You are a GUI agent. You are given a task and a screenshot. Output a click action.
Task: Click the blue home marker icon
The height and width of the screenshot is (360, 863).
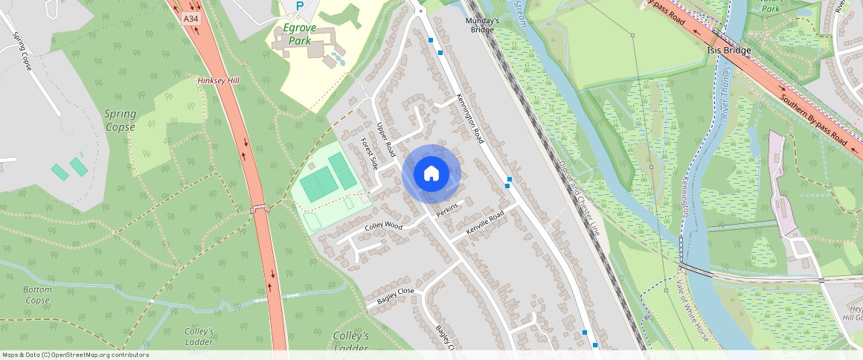431,174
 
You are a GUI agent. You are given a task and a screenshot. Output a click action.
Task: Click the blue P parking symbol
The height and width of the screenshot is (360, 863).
300,6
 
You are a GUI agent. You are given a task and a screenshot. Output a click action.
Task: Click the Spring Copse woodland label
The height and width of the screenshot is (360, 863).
119,120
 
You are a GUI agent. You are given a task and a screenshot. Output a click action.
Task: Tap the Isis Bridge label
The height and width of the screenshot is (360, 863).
728,50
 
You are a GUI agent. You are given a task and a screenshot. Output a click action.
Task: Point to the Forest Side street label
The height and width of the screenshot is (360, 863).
369,153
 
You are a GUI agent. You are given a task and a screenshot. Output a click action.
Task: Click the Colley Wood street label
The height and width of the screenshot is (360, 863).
383,225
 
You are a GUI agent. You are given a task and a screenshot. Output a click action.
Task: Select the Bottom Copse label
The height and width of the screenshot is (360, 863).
36,295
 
